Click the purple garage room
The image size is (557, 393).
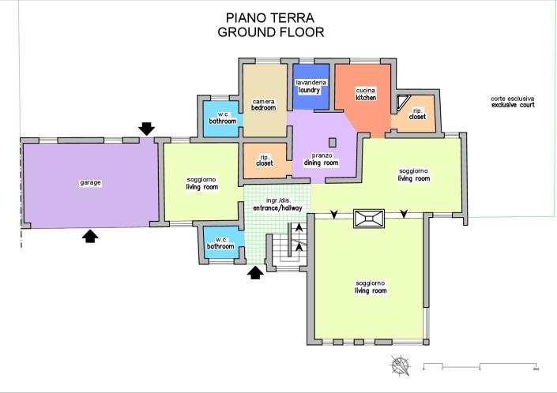(87, 183)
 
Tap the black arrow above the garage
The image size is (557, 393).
(146, 128)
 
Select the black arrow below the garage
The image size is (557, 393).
(90, 235)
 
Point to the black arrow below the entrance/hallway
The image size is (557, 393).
(255, 272)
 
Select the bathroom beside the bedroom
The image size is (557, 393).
(222, 119)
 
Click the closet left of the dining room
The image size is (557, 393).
(265, 160)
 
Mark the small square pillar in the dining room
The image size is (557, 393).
(333, 142)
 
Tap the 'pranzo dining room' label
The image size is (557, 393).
(321, 159)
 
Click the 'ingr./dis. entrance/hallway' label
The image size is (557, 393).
(271, 204)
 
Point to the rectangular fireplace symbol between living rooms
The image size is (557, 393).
(369, 219)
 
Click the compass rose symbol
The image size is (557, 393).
(401, 365)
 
